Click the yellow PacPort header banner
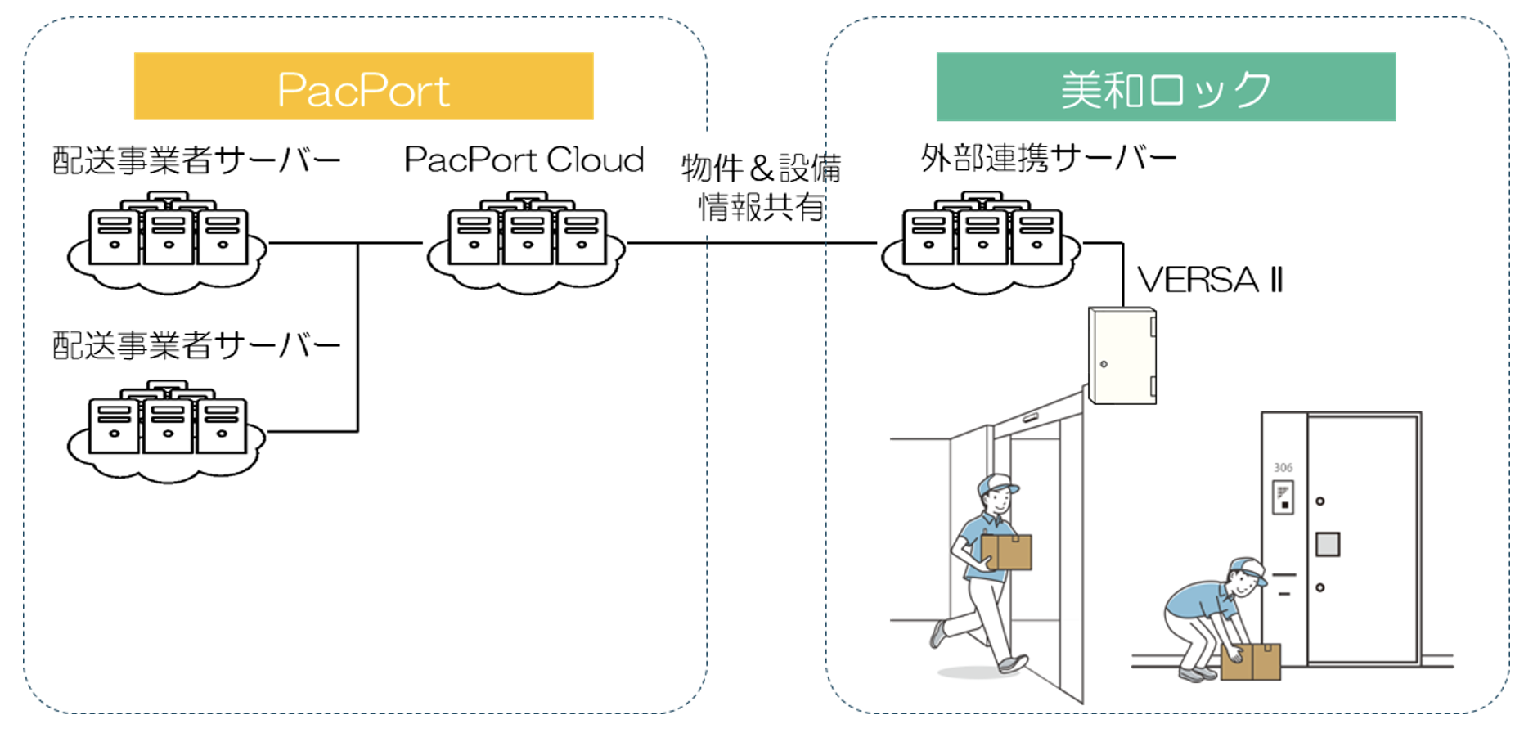click(363, 87)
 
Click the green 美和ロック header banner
click(1165, 87)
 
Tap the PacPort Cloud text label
click(524, 160)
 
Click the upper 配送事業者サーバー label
click(196, 160)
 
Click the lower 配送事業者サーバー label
click(196, 345)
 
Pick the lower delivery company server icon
click(168, 429)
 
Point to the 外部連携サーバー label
click(1048, 157)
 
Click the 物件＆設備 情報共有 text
click(761, 187)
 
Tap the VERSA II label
click(1209, 280)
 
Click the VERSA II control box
click(1122, 355)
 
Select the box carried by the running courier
click(1007, 551)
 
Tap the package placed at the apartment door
click(1251, 661)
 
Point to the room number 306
click(1283, 467)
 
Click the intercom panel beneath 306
click(1283, 497)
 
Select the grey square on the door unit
click(1327, 544)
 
